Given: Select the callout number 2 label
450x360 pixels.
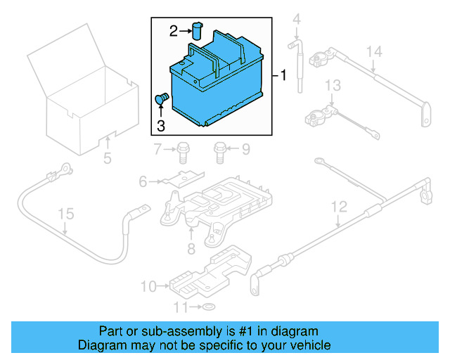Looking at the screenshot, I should coord(173,30).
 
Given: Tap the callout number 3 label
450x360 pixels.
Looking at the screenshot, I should coord(160,126).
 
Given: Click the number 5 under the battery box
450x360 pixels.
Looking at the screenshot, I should coord(107,159).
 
